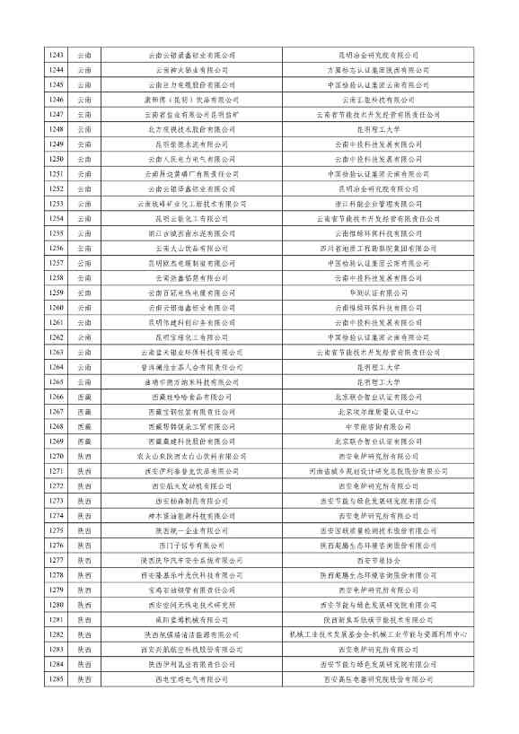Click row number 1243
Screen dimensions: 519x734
coord(57,56)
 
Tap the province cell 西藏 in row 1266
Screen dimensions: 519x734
coord(84,397)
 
